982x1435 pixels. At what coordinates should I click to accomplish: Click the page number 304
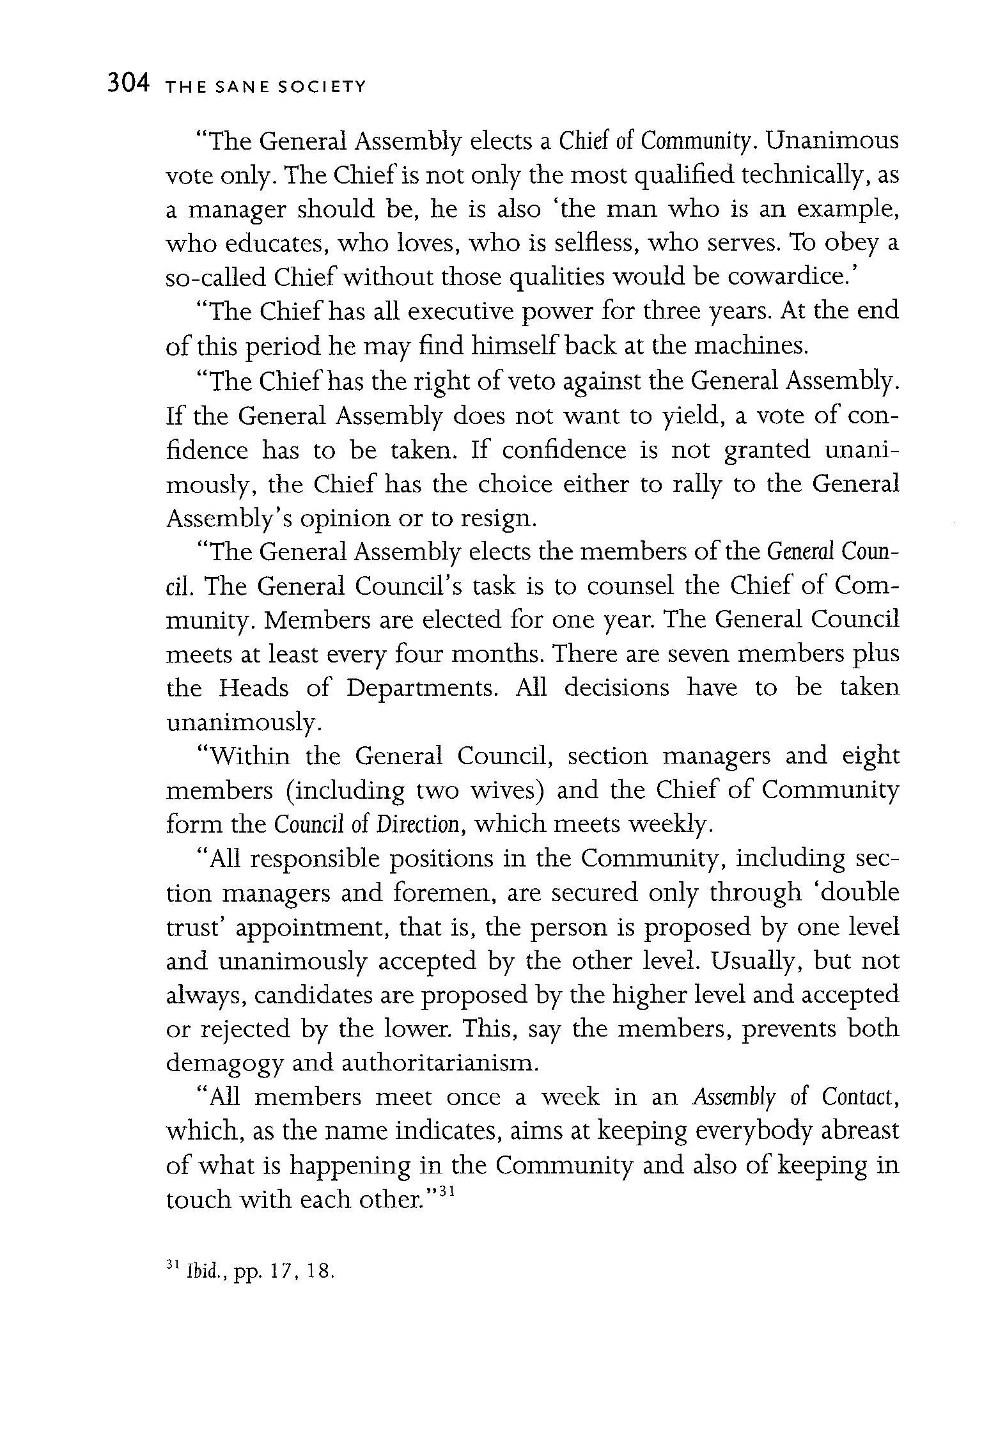pos(129,84)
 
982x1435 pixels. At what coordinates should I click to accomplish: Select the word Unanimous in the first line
pos(832,141)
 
